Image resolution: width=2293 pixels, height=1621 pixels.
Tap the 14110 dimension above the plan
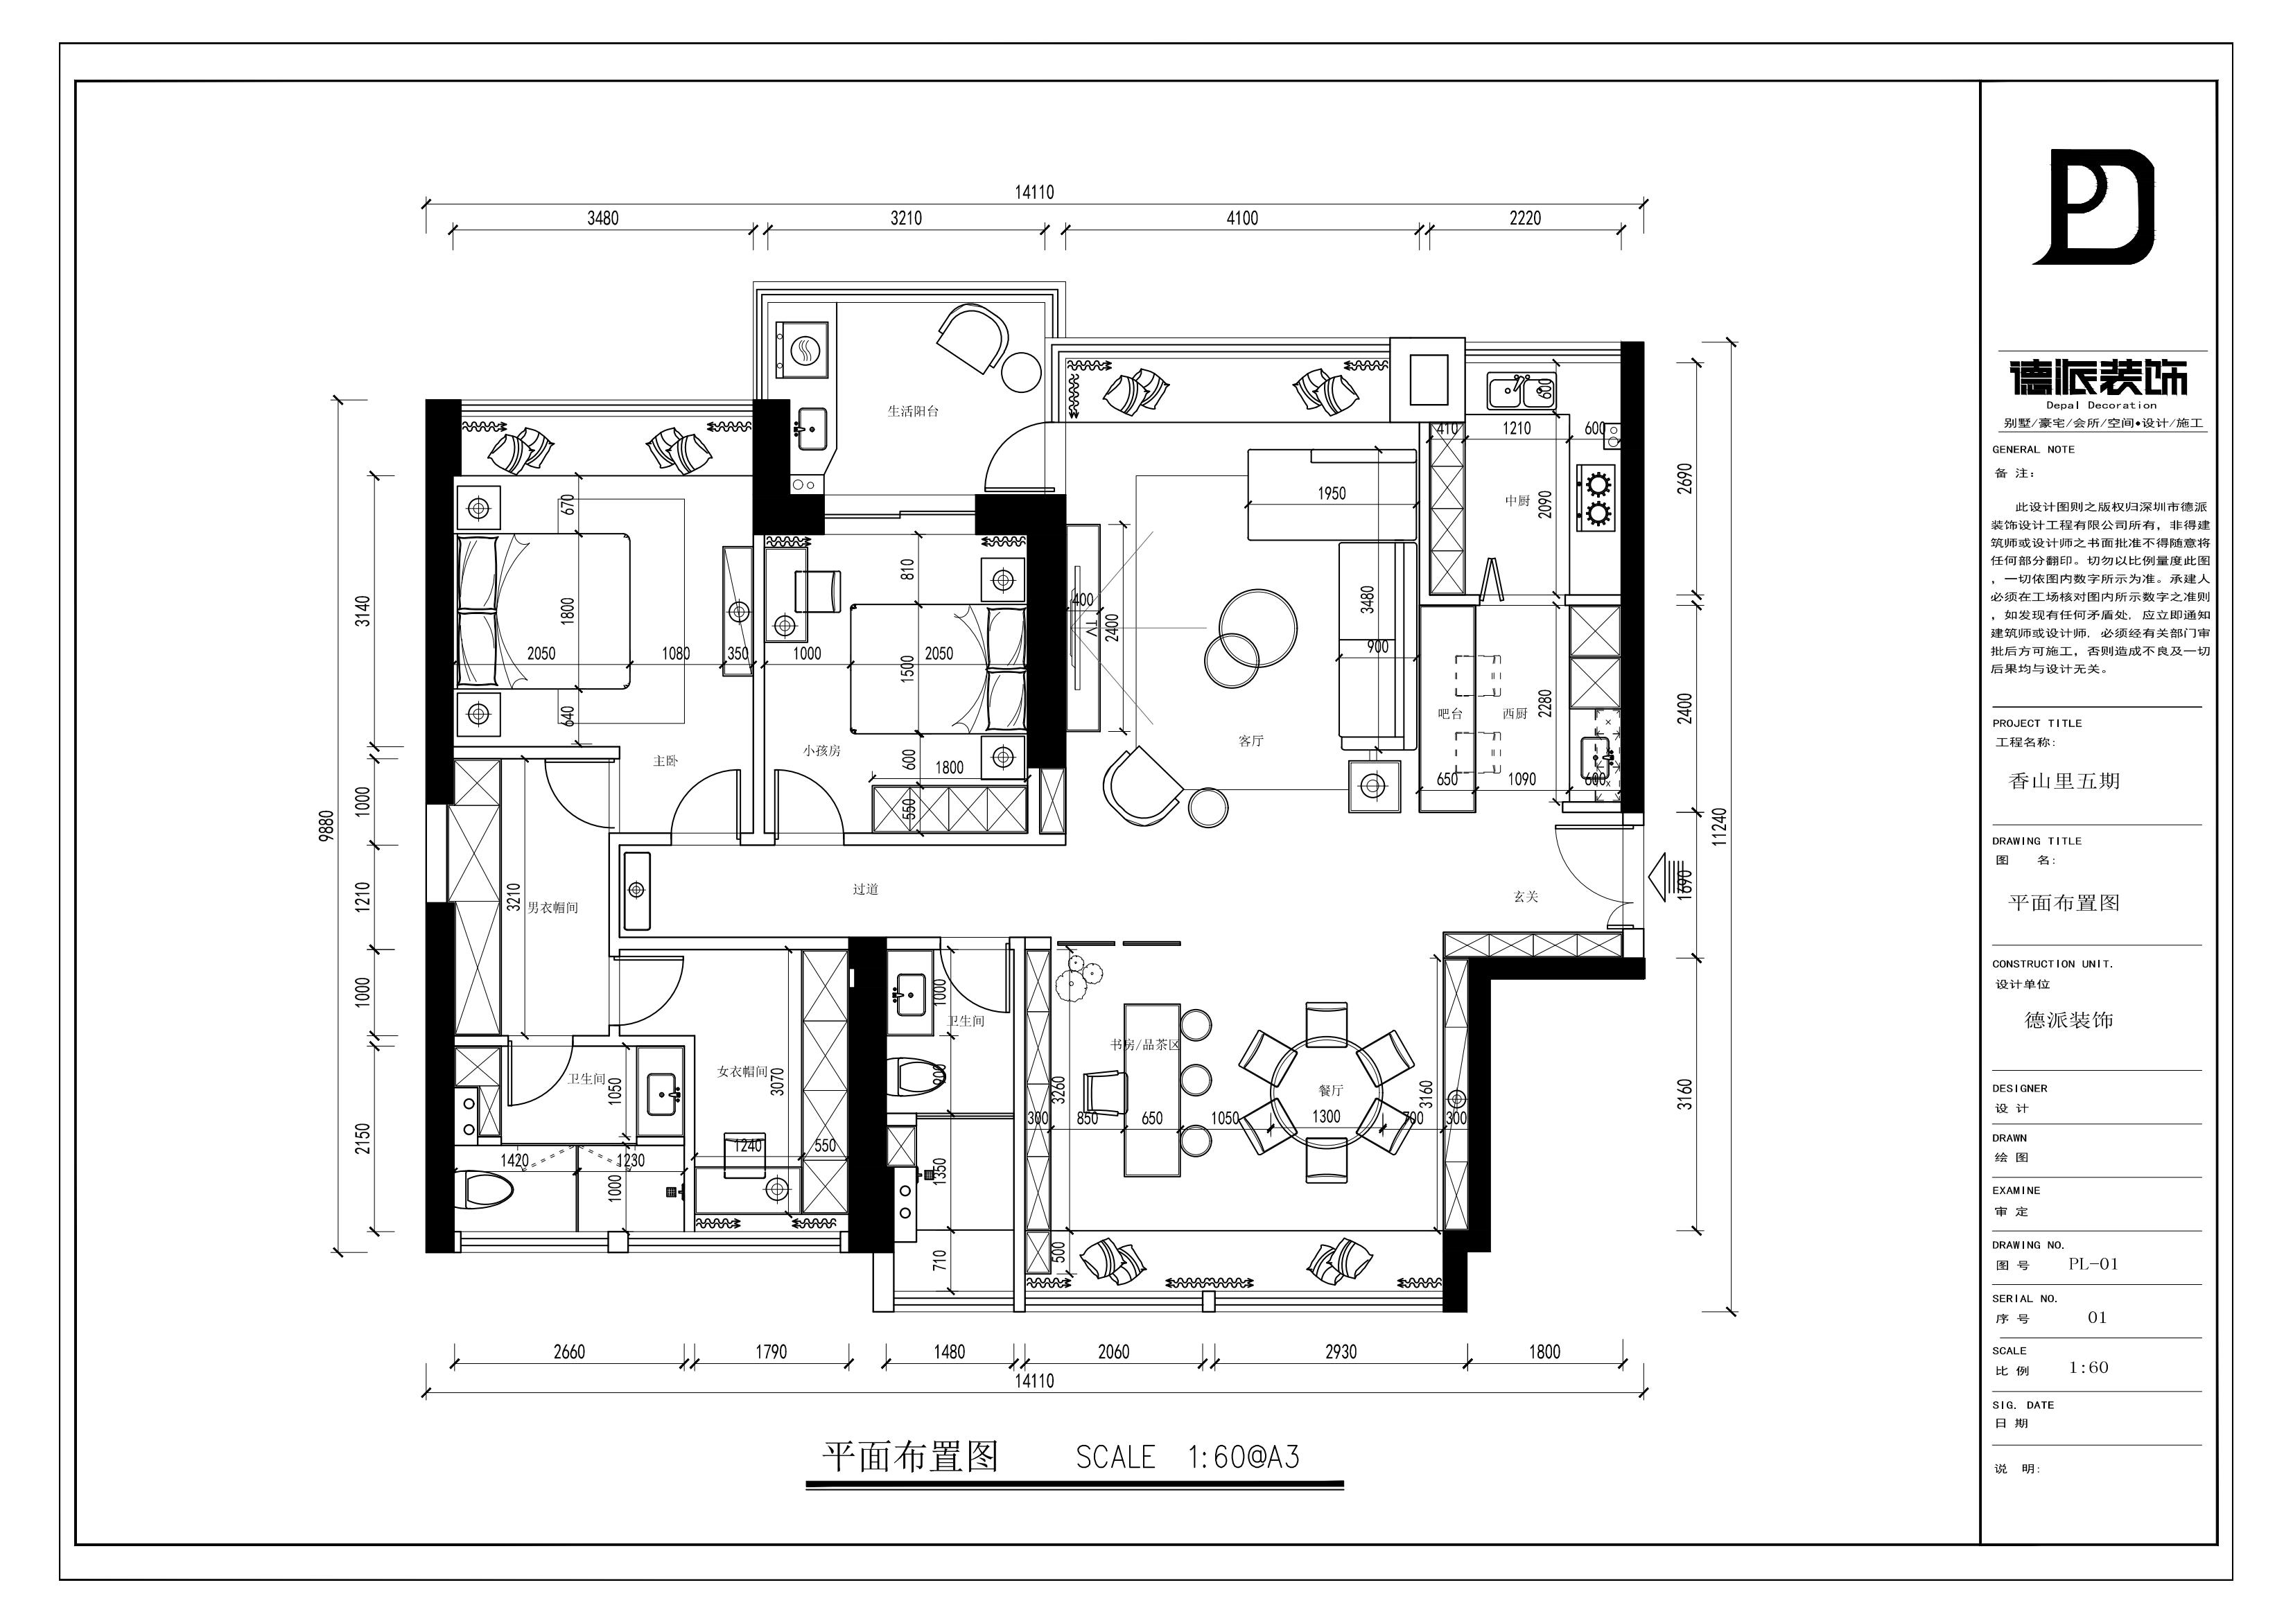tap(1035, 193)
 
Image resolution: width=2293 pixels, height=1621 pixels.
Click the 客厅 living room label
tap(1250, 741)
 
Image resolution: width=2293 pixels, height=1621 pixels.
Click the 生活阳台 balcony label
tap(913, 410)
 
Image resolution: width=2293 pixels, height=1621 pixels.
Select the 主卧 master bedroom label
tap(665, 761)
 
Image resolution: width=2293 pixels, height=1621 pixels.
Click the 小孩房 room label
tap(821, 750)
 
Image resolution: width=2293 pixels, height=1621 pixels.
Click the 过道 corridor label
tap(865, 889)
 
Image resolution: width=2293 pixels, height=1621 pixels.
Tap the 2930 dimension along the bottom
tap(1341, 1352)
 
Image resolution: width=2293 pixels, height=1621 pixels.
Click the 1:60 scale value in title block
tap(2089, 1367)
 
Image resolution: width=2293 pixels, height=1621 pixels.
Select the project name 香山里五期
tap(2064, 781)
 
